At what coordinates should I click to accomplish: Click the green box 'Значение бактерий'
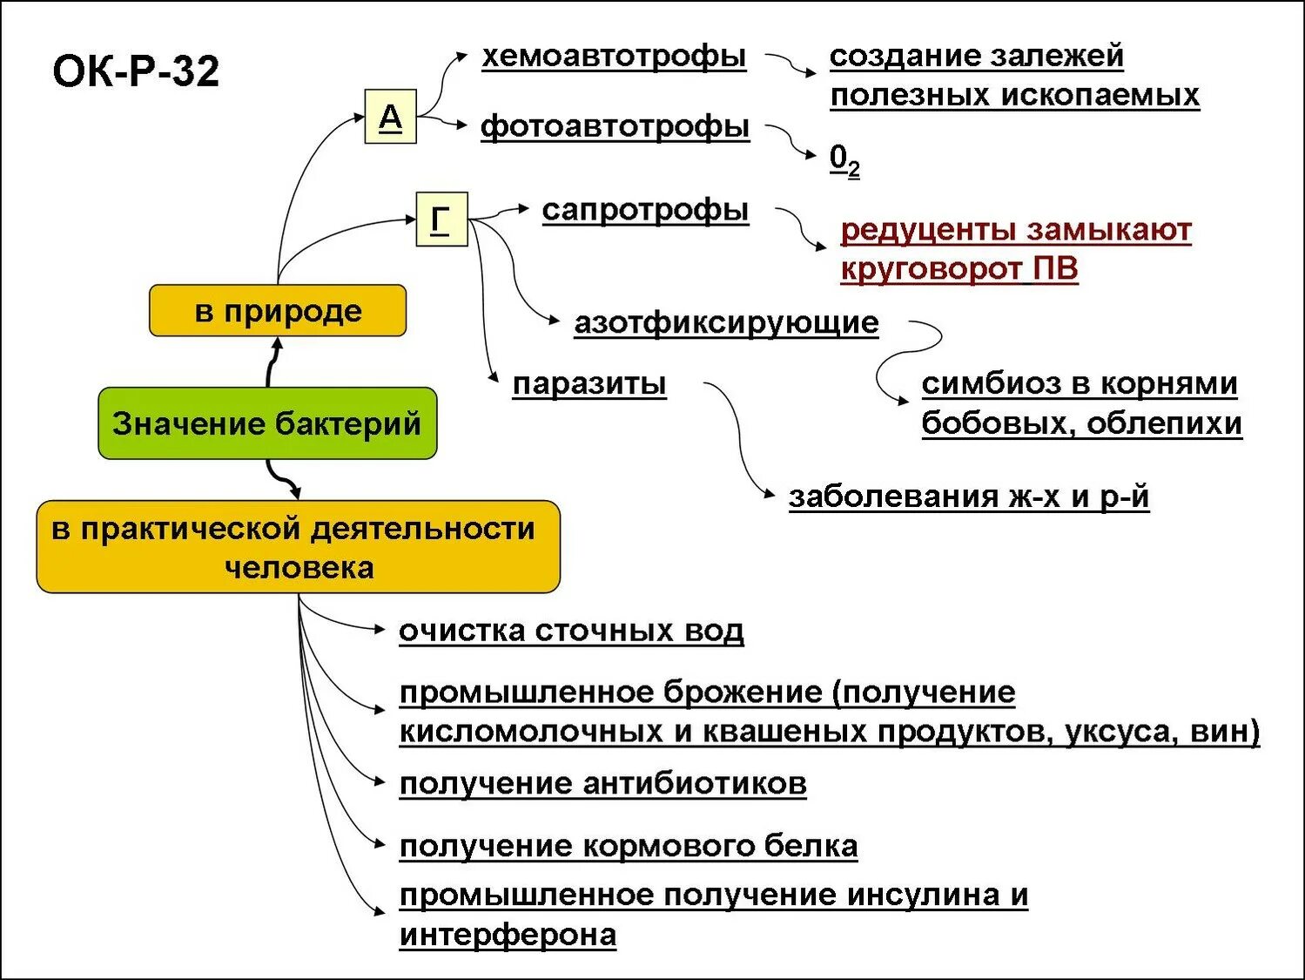click(x=266, y=424)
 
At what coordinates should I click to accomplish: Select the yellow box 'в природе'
click(x=278, y=311)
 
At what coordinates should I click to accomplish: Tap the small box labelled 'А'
click(x=390, y=116)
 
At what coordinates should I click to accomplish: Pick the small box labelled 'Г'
click(x=441, y=219)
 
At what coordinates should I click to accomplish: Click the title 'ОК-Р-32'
click(x=136, y=71)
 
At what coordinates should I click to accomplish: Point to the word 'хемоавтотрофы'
click(x=614, y=57)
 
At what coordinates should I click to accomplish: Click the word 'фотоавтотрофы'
click(x=615, y=127)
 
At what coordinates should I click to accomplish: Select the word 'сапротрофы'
click(x=645, y=210)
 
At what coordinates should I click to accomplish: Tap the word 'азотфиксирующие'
click(x=726, y=323)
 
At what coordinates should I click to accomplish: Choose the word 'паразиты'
click(x=589, y=384)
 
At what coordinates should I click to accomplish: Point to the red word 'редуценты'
click(x=928, y=230)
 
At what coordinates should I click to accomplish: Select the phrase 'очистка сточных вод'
click(x=571, y=631)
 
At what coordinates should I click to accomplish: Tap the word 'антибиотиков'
click(x=695, y=784)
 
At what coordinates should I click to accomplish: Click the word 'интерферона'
click(x=508, y=935)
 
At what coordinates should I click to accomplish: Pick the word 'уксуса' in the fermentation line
click(x=1120, y=731)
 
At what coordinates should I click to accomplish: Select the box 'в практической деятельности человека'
click(x=298, y=547)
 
